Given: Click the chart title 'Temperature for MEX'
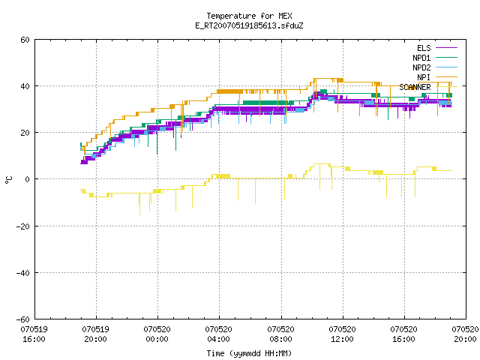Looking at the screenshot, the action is coord(249,16).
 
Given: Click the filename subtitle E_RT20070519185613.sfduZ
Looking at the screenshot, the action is coord(249,25).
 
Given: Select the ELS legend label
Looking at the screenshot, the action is coord(424,48).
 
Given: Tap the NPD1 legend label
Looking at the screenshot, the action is coord(421,58).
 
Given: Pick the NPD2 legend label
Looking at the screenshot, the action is coord(421,67).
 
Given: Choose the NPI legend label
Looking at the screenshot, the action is coord(424,77).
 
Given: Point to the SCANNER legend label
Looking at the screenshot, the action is coord(415,87).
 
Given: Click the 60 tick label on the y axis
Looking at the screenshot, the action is coord(25,40).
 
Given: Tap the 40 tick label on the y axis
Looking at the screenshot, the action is coord(25,86).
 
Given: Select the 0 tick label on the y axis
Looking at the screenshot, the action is coord(28,179).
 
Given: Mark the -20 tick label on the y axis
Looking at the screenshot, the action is coord(23,226).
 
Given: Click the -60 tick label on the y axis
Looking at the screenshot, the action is coord(23,319).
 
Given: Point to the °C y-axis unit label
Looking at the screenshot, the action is coord(8,180).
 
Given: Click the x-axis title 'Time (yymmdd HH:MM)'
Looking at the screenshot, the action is coord(249,353).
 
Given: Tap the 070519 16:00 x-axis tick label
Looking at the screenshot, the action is coord(34,334).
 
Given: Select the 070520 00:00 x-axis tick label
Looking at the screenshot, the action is coord(157,334).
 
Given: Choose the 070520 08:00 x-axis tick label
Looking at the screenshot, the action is coord(280,334).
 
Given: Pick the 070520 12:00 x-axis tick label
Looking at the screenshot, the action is coord(342,334).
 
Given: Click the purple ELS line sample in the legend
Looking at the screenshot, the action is coord(447,48).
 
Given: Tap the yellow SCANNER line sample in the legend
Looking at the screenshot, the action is coord(447,87).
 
